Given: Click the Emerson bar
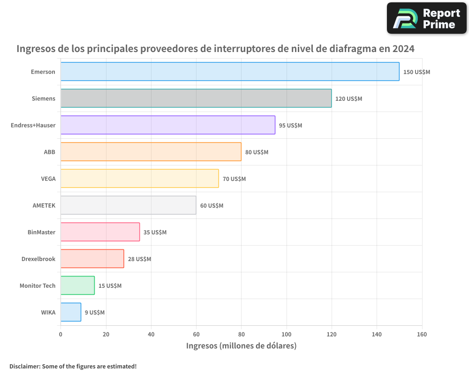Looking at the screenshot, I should point(230,72).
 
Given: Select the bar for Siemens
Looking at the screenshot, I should point(196,98).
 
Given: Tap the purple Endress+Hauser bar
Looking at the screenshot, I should point(168,125).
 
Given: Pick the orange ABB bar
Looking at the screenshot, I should point(151,152).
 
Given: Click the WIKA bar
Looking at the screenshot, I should point(71,312).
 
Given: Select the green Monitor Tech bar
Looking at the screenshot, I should point(77,285).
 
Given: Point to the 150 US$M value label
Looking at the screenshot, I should point(416,72).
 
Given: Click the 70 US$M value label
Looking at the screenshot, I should point(234,179).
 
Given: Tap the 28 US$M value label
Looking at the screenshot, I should point(139,259).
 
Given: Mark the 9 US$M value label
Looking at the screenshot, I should point(94,313).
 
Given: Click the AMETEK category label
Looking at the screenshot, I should point(44,205).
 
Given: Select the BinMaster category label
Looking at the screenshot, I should point(41,232).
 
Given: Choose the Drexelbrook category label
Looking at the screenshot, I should point(38,259).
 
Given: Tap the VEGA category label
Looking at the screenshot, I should point(48,179).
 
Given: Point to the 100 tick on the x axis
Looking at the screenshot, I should point(287,334).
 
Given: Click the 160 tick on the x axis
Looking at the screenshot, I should point(422,334).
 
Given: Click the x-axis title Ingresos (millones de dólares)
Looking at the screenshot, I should point(241,346).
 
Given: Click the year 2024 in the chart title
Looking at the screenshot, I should point(403,49).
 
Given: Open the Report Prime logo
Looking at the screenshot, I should point(426,18).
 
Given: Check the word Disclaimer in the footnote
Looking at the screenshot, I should point(24,366).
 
